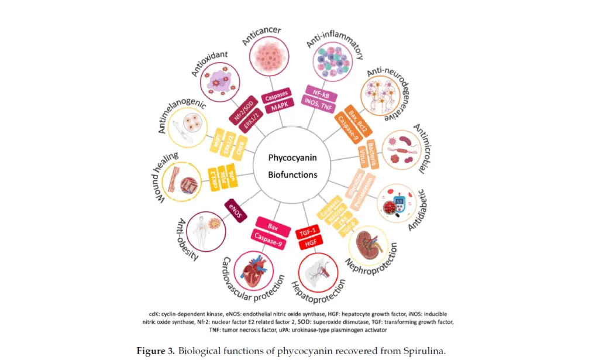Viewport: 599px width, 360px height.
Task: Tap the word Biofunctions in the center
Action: pyautogui.click(x=292, y=174)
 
